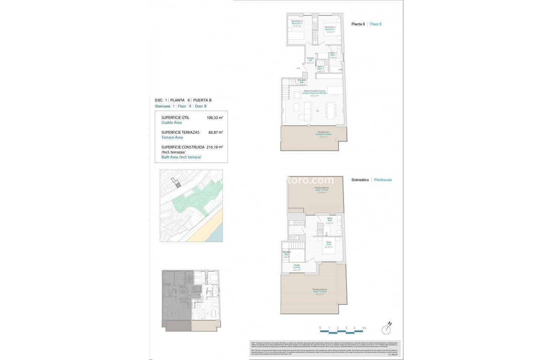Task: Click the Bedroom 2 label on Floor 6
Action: pyautogui.click(x=297, y=23)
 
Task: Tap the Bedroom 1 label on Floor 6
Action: pyautogui.click(x=330, y=29)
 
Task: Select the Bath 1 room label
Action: pyautogui.click(x=333, y=55)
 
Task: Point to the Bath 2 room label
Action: pyautogui.click(x=320, y=69)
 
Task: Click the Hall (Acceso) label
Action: pyautogui.click(x=310, y=60)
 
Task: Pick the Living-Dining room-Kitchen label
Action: pyautogui.click(x=315, y=93)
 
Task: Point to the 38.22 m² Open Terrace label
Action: pyautogui.click(x=320, y=292)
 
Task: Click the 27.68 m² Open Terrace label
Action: pyautogui.click(x=322, y=190)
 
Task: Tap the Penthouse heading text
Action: pyautogui.click(x=383, y=180)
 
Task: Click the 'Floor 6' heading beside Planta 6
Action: pyautogui.click(x=376, y=24)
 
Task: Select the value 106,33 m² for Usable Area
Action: pyautogui.click(x=215, y=118)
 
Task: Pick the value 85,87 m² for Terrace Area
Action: pyautogui.click(x=216, y=132)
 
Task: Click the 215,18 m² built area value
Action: pyautogui.click(x=215, y=147)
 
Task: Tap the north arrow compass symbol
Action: pyautogui.click(x=388, y=329)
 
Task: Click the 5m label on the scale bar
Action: pyautogui.click(x=364, y=328)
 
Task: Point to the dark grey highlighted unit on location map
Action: pyautogui.click(x=178, y=184)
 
